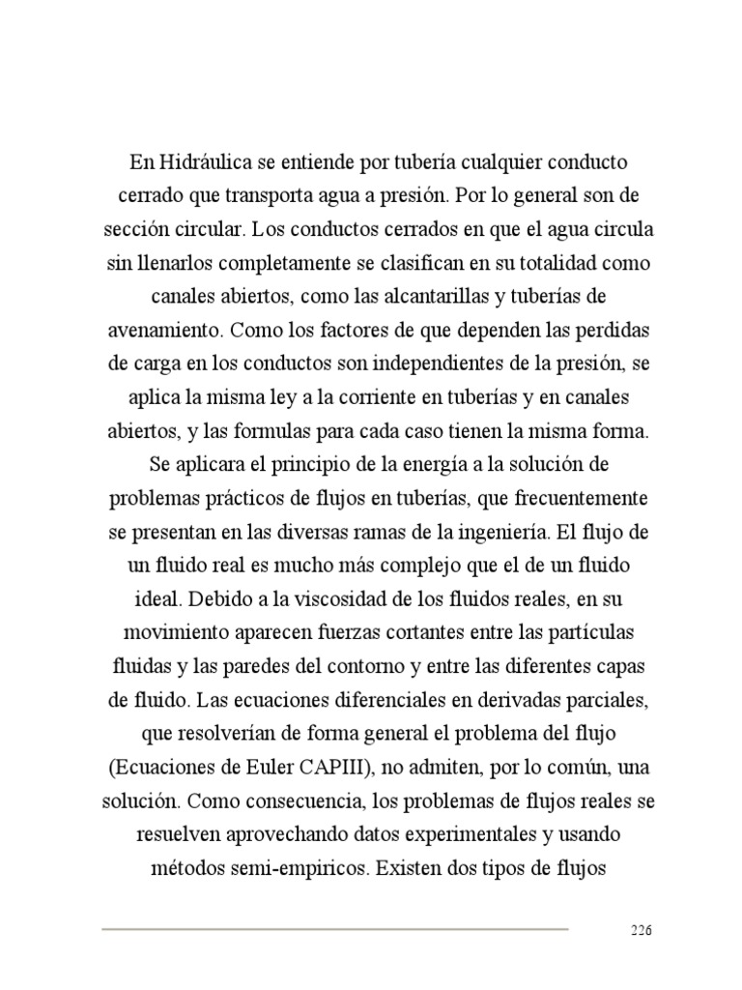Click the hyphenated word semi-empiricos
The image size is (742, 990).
[287, 868]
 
